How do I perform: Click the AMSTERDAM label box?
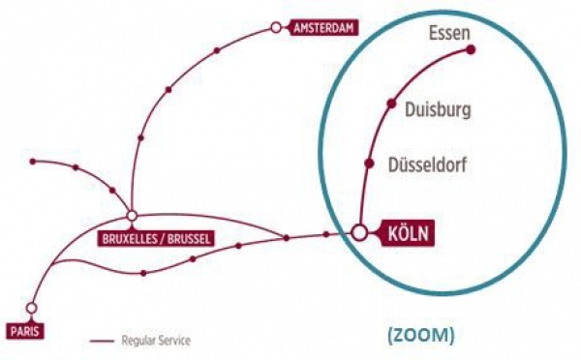tap(324, 29)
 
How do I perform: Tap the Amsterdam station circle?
tap(277, 28)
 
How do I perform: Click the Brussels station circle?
tap(132, 215)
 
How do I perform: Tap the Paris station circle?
tap(31, 308)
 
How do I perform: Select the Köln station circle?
tap(359, 232)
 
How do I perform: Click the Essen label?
tap(448, 35)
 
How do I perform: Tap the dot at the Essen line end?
tap(471, 50)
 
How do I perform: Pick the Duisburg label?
tap(438, 110)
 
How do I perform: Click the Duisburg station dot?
tap(391, 103)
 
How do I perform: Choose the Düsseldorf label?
tap(426, 165)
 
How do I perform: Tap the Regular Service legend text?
tap(156, 341)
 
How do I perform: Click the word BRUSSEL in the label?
tap(188, 237)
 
